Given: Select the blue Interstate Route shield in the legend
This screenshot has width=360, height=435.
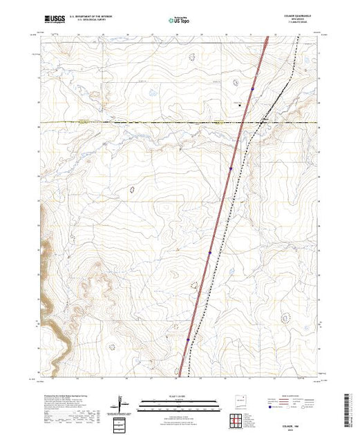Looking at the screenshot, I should click(x=278, y=409).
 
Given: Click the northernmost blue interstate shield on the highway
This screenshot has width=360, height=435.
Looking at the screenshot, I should click(x=253, y=89).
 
